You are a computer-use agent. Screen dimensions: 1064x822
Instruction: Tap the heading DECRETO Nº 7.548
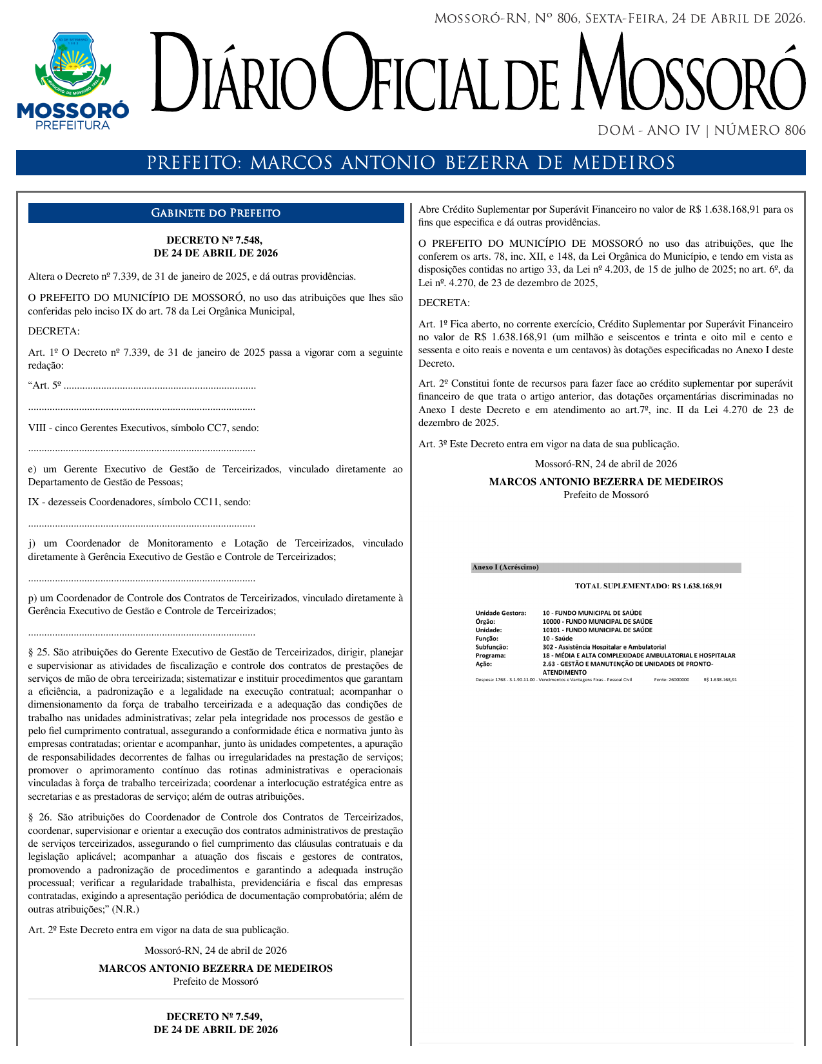click(x=215, y=240)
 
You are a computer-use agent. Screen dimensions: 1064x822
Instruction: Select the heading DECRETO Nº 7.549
click(x=215, y=1016)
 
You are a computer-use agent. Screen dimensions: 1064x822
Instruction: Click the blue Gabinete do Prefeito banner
click(x=216, y=213)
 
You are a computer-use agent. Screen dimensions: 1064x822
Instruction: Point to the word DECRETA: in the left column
click(x=54, y=331)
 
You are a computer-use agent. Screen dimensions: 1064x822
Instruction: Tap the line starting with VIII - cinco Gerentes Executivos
click(x=144, y=428)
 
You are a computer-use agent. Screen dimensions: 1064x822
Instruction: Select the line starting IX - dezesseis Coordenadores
click(x=139, y=502)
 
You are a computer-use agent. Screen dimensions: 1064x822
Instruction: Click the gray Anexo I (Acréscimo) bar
click(x=606, y=568)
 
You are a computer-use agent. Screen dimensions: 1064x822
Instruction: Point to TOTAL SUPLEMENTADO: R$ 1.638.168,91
click(x=648, y=586)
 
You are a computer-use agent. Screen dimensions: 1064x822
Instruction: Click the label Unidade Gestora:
click(x=500, y=613)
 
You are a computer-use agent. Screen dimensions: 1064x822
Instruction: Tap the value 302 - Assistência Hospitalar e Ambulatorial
click(x=604, y=646)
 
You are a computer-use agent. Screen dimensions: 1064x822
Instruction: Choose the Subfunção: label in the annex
click(x=491, y=646)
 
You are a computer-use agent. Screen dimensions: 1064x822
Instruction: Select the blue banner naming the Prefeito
click(x=411, y=162)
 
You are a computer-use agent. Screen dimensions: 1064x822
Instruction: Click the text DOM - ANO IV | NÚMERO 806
click(x=701, y=131)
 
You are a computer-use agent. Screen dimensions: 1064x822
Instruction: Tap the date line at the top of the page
click(x=619, y=18)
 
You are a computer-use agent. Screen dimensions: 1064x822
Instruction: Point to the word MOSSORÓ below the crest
click(x=73, y=111)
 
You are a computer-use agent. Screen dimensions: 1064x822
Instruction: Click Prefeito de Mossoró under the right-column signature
click(x=605, y=495)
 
